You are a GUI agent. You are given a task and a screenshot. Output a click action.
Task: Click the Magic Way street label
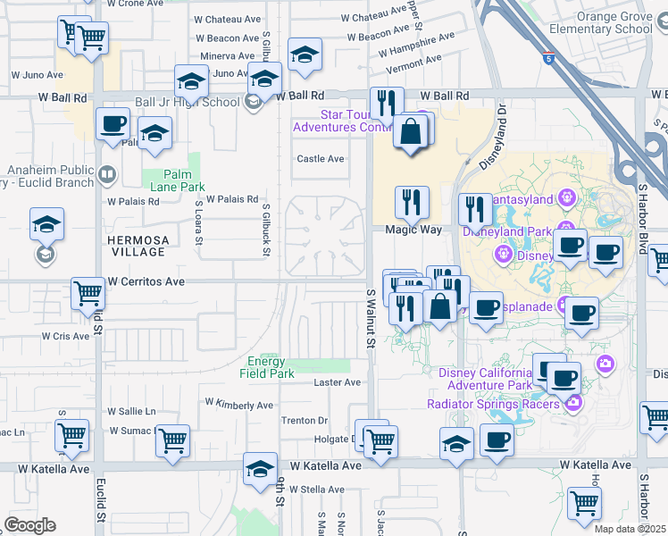coord(413,230)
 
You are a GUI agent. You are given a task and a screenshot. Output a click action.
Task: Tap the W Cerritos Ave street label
coord(146,281)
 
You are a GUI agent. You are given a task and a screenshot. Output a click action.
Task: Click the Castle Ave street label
coord(321,159)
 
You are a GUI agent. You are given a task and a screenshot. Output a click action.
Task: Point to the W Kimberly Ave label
coord(238,405)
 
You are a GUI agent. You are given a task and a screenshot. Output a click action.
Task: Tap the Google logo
coord(29,525)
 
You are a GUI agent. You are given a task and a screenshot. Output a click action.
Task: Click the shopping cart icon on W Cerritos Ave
coord(88,293)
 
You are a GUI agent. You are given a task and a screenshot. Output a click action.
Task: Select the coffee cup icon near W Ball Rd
coord(113,124)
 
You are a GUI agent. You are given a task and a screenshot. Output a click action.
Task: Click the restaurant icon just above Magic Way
coord(412,202)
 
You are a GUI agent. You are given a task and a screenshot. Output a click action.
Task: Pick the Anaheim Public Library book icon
coord(107,172)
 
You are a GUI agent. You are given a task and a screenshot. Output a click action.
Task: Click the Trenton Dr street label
coord(305,421)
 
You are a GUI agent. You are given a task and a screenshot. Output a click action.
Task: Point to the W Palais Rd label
coord(231,199)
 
